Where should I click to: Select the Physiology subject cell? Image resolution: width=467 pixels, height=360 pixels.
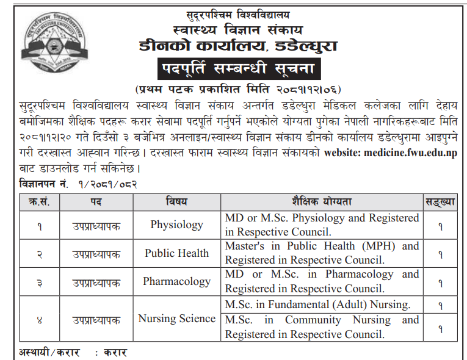(x=176, y=225)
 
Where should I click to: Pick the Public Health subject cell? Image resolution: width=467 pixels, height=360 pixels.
(x=176, y=253)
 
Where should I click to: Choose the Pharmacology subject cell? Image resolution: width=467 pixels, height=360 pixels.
(x=176, y=281)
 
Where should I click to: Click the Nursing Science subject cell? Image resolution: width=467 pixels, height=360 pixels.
(x=176, y=319)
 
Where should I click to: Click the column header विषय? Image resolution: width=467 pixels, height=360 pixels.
(x=176, y=201)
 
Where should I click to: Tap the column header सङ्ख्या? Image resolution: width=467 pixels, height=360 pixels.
(x=440, y=201)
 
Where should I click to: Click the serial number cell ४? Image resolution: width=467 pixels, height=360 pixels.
(x=39, y=319)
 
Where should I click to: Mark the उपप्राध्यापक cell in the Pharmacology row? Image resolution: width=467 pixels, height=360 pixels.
(x=96, y=282)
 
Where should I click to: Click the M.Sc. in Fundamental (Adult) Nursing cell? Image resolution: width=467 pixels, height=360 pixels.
(x=317, y=304)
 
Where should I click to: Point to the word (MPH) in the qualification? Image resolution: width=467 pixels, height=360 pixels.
(x=372, y=246)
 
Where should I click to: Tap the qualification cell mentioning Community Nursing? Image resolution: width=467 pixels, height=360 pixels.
(x=322, y=327)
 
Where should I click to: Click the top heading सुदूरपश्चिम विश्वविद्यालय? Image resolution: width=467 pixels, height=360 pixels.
(x=238, y=13)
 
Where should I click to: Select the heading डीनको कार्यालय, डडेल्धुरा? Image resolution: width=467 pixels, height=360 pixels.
(x=238, y=46)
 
